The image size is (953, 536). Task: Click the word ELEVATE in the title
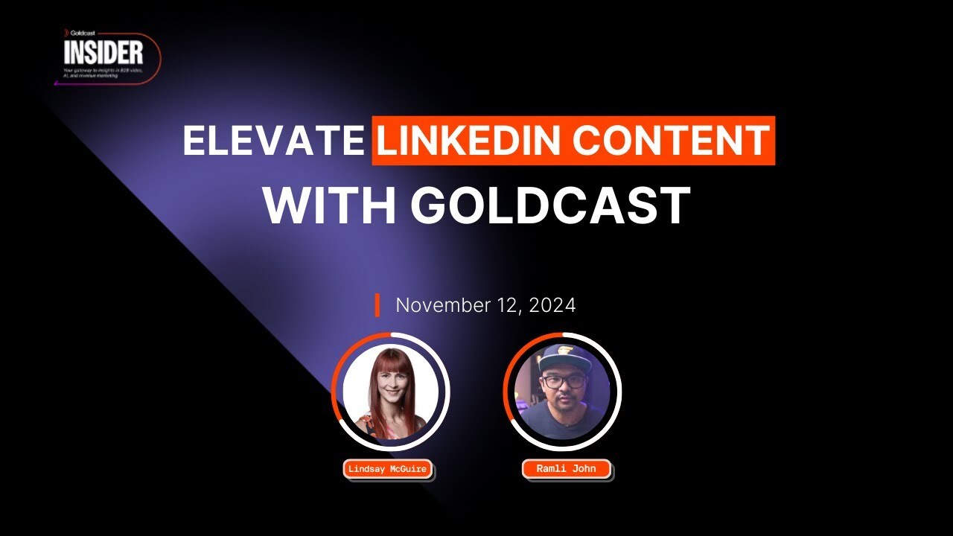pos(272,141)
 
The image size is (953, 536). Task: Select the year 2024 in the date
pos(552,305)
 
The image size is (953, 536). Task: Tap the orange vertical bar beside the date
pos(377,305)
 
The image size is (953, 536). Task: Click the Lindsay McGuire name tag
pos(388,470)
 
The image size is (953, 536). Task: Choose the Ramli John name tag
pos(566,469)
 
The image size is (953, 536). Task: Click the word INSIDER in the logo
pos(103,52)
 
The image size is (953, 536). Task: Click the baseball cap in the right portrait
pos(563,355)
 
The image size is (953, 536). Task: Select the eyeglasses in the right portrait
pos(564,381)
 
